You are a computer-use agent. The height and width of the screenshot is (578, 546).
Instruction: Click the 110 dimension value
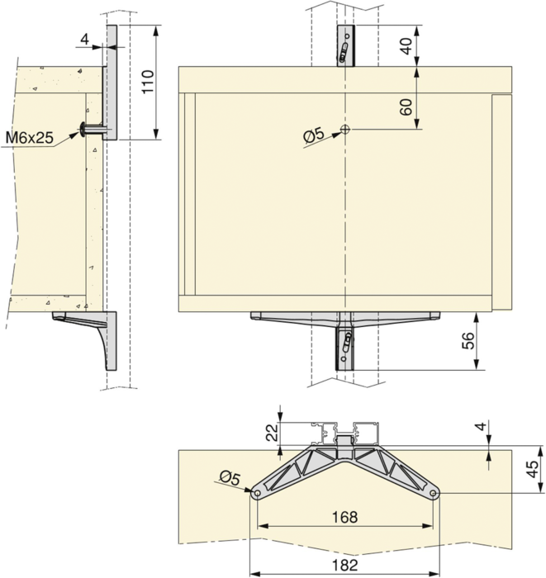click(x=148, y=82)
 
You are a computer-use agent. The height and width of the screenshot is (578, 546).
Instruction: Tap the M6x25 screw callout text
click(x=30, y=138)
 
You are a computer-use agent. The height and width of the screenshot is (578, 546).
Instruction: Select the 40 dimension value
click(x=406, y=46)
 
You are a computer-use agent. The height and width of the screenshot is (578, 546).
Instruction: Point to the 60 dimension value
click(x=406, y=107)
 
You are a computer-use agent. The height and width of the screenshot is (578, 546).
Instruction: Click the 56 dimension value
click(x=468, y=341)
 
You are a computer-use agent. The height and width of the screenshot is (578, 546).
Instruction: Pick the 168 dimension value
click(x=344, y=517)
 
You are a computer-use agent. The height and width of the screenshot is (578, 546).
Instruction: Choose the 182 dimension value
click(x=344, y=564)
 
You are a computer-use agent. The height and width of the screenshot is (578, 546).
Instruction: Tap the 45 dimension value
click(x=532, y=469)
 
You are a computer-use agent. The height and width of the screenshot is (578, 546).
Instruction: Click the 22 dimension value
click(x=273, y=433)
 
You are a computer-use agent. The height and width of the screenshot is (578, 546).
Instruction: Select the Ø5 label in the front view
click(x=313, y=135)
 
